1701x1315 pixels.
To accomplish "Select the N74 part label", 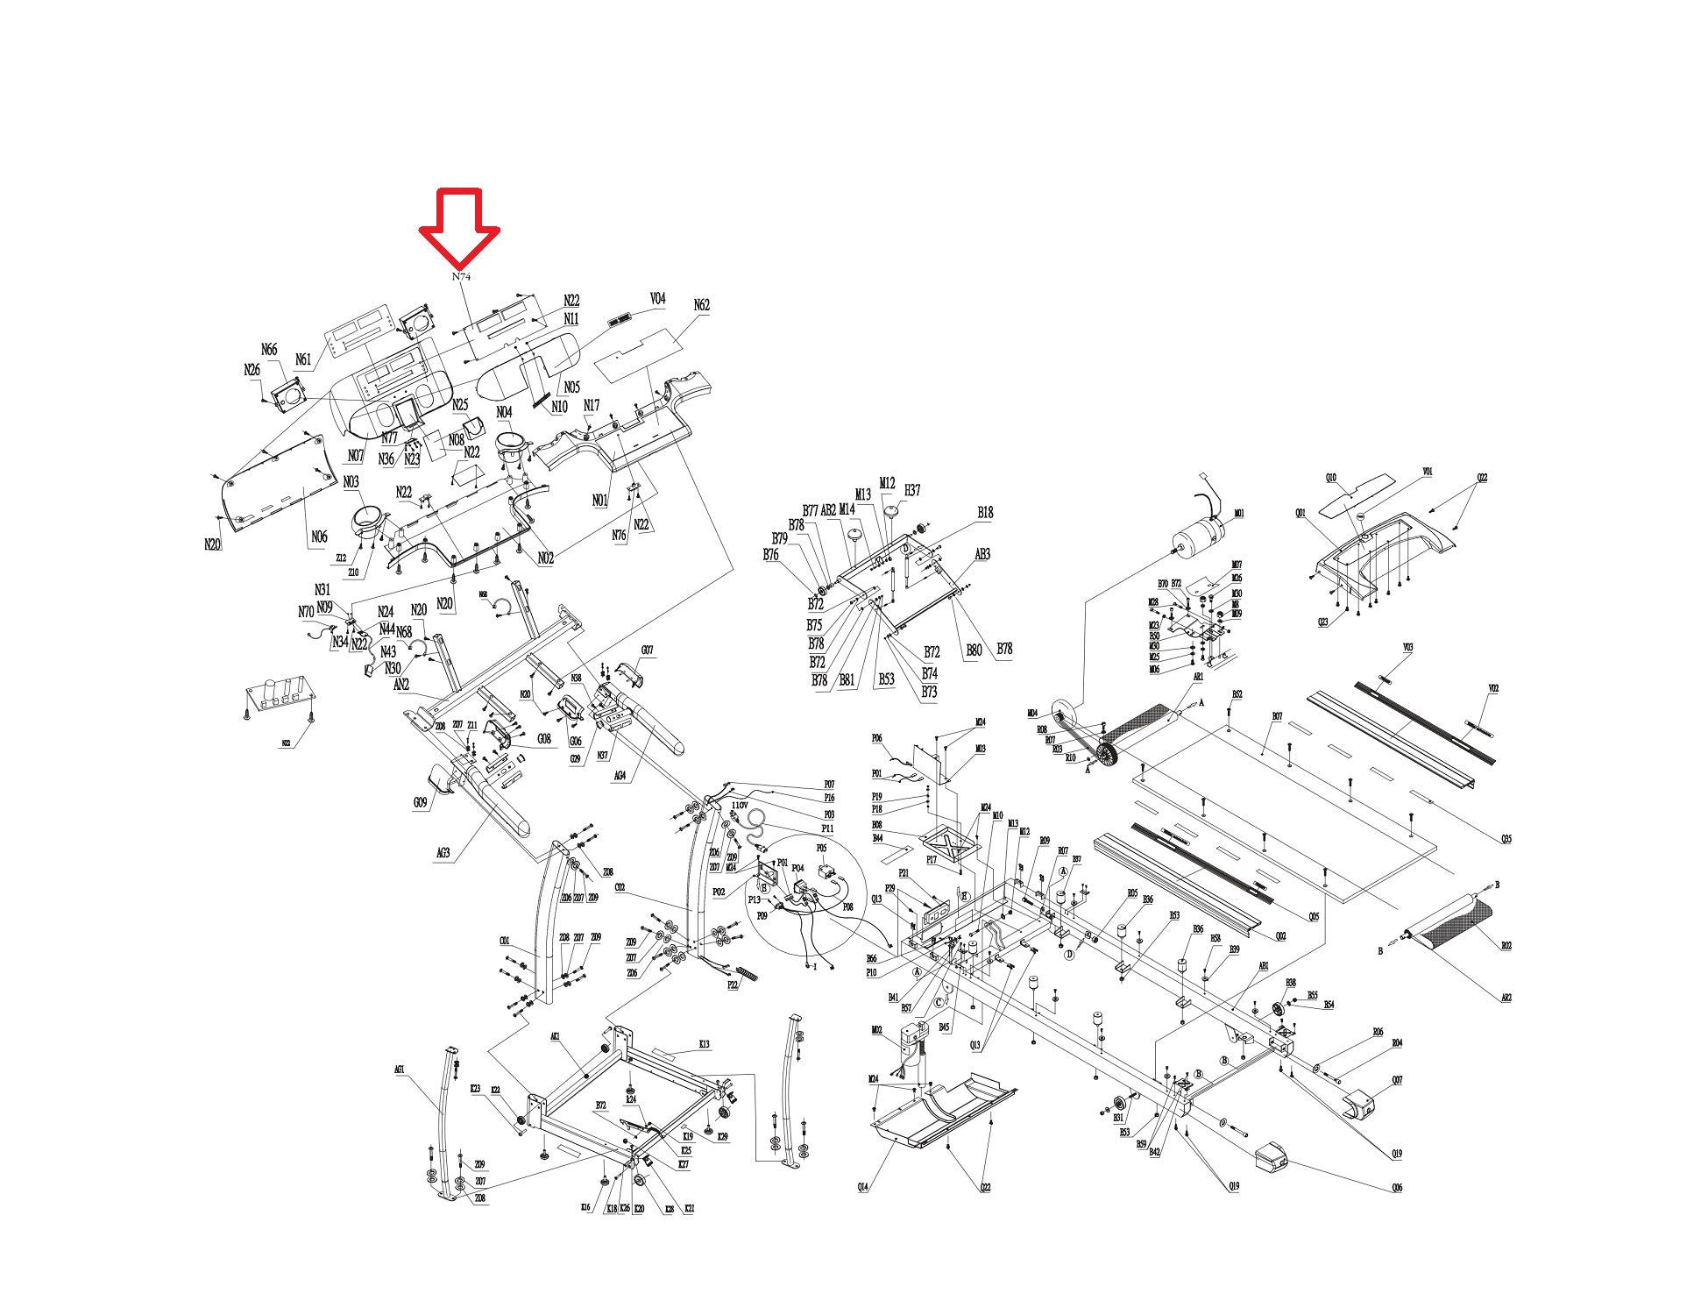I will [461, 277].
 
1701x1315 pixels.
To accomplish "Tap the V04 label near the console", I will [657, 299].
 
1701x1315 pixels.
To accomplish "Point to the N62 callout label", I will [701, 306].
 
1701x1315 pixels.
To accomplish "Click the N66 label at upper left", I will [269, 351].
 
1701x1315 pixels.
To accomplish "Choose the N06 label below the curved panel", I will [319, 537].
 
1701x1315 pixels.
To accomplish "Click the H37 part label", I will [912, 491].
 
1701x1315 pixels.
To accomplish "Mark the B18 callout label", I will [985, 513].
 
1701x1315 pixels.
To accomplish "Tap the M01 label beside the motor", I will [1238, 514].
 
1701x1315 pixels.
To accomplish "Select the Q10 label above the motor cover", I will [1331, 478].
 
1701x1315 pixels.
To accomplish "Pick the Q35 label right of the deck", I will [1506, 839].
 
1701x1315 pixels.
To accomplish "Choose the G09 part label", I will [421, 802].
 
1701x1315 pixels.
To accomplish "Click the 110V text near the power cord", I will [739, 805].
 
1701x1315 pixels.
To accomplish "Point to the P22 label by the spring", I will [733, 984].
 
